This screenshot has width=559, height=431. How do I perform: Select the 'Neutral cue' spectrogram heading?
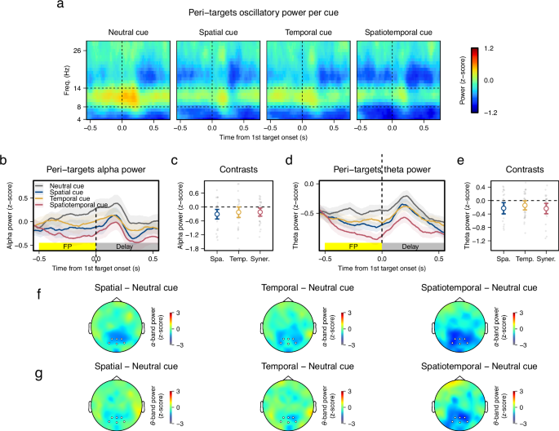[x=122, y=32]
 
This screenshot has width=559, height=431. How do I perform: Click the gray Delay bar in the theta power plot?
[x=410, y=246]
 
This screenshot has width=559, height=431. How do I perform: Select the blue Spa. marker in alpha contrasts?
[x=217, y=214]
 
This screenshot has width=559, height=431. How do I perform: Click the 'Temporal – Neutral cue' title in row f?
[x=304, y=287]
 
